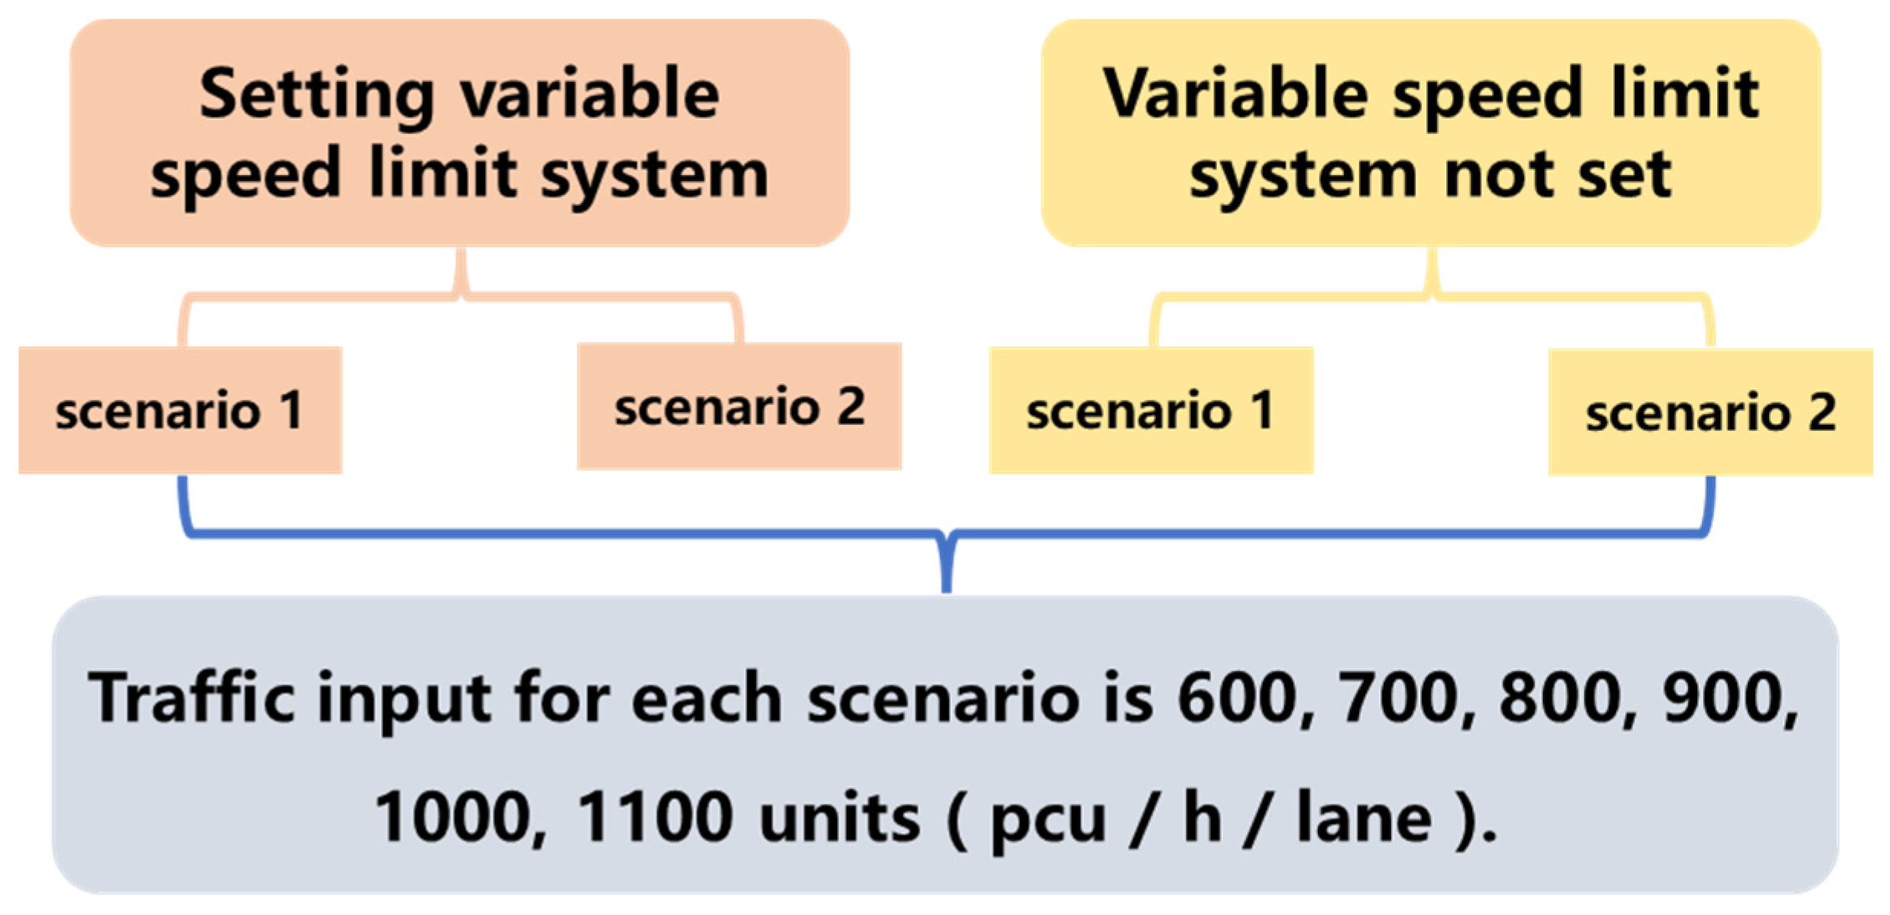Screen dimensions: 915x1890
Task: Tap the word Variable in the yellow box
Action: click(x=1234, y=94)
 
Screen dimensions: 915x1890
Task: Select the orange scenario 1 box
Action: click(x=180, y=411)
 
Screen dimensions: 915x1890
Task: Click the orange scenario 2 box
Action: click(x=739, y=406)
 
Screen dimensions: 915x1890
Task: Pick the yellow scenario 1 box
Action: click(x=1150, y=411)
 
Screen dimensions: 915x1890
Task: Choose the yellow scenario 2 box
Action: click(x=1710, y=412)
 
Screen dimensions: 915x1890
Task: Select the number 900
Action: click(x=1730, y=698)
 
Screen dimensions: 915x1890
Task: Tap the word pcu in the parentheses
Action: click(x=1048, y=820)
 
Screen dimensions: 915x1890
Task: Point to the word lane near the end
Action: click(x=1364, y=817)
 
